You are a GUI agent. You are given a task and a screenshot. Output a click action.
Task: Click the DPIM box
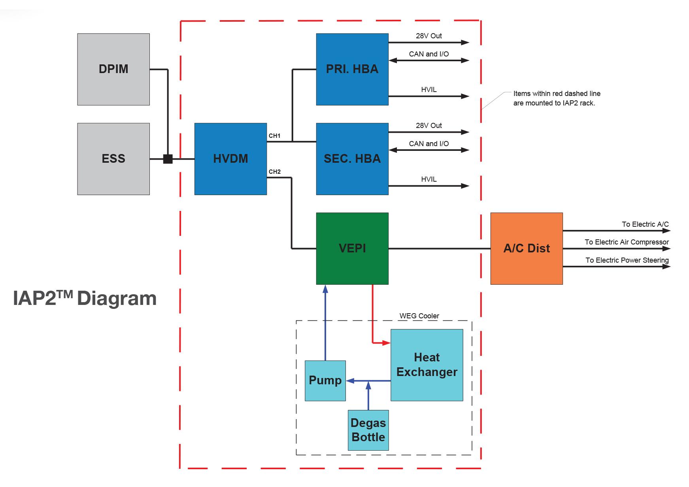(x=113, y=69)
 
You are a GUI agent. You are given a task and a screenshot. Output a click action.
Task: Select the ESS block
(x=113, y=159)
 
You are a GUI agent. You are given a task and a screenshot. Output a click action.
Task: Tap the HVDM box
(x=230, y=159)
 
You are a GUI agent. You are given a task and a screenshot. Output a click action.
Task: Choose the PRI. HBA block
(x=352, y=69)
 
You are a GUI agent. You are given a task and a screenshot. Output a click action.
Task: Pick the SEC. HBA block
(x=352, y=159)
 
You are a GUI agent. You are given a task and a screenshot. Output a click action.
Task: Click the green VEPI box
(x=352, y=248)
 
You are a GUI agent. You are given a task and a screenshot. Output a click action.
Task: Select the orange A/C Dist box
(x=527, y=248)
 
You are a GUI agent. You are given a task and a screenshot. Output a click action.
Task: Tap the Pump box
(x=325, y=380)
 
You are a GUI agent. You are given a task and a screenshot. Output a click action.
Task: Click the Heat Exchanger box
(x=427, y=365)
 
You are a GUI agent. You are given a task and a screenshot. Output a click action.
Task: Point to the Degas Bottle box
(x=368, y=430)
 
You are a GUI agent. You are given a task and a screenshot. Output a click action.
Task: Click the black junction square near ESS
(x=168, y=159)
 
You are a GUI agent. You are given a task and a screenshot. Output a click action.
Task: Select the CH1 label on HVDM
(x=274, y=136)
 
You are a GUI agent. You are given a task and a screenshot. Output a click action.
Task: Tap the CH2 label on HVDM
(x=274, y=172)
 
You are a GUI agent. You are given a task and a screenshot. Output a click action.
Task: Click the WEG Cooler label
(x=419, y=316)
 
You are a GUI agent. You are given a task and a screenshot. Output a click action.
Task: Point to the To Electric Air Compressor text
(x=627, y=242)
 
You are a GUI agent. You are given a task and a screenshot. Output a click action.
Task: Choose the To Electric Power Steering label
(x=627, y=260)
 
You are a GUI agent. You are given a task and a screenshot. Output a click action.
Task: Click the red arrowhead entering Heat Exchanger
(x=387, y=343)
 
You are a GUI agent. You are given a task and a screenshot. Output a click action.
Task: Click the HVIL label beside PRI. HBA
(x=429, y=90)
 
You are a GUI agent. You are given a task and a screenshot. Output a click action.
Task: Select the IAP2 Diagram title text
(x=85, y=298)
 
